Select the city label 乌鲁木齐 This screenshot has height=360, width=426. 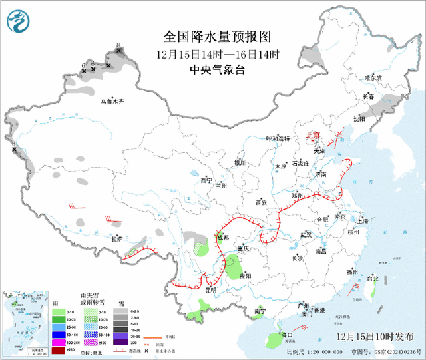[x=112, y=102]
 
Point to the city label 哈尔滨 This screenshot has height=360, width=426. [x=373, y=78]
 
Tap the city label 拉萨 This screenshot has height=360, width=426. [x=117, y=238]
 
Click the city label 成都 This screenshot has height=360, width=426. [x=222, y=237]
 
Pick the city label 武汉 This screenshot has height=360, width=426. [x=306, y=234]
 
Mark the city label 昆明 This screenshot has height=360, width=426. [x=210, y=290]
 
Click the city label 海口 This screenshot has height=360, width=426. [x=287, y=334]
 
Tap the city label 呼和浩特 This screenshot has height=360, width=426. [x=278, y=139]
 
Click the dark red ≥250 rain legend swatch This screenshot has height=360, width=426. [x=59, y=351]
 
